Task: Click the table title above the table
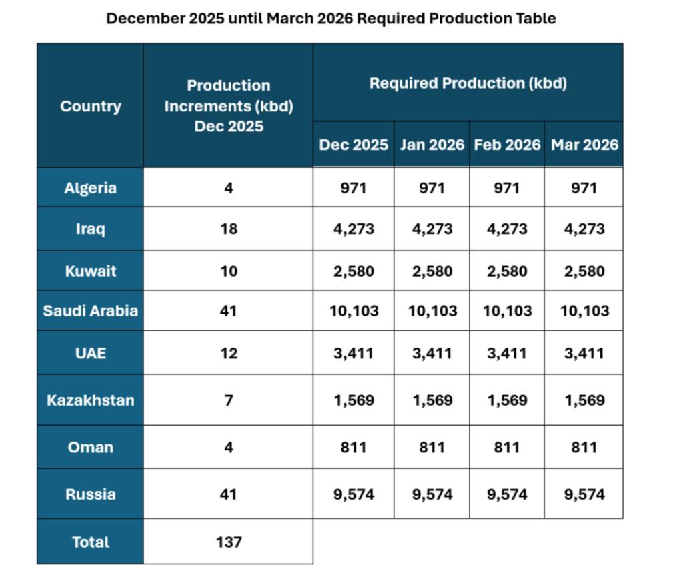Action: click(331, 19)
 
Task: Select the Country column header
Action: click(90, 106)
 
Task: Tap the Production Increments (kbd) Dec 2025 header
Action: click(228, 105)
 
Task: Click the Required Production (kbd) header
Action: click(468, 83)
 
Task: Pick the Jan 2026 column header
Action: click(432, 145)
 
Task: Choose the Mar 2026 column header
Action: click(584, 145)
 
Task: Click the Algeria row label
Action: click(90, 188)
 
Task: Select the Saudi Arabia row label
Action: click(90, 311)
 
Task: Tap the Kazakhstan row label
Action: click(90, 400)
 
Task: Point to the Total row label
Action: click(90, 542)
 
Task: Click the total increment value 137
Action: click(228, 542)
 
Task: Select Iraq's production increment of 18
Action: click(228, 229)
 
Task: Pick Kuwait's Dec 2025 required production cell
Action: click(354, 271)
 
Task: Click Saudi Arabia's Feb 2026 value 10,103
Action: click(507, 311)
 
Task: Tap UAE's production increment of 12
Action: click(228, 353)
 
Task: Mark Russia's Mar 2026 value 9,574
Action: click(584, 494)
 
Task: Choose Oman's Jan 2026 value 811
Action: click(432, 447)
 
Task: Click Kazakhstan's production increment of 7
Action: click(228, 400)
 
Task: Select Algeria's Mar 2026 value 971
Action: click(584, 188)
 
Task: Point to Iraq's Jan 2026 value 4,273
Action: click(432, 229)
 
